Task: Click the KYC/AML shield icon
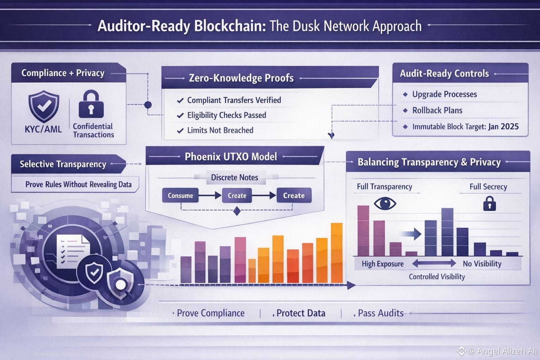pyautogui.click(x=44, y=106)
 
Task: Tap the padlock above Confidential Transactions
pyautogui.click(x=91, y=104)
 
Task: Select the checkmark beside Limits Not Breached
pyautogui.click(x=180, y=131)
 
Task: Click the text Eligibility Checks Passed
pyautogui.click(x=227, y=115)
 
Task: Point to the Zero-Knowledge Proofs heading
pyautogui.click(x=241, y=78)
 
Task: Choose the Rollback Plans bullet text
pyautogui.click(x=437, y=110)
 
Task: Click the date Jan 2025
pyautogui.click(x=503, y=127)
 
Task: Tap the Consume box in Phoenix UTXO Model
pyautogui.click(x=180, y=195)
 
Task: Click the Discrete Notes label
pyautogui.click(x=234, y=178)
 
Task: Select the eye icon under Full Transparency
pyautogui.click(x=385, y=203)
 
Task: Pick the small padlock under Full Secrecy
pyautogui.click(x=489, y=204)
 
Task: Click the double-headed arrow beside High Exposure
pyautogui.click(x=434, y=263)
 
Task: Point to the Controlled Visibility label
pyautogui.click(x=437, y=277)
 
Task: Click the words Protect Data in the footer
pyautogui.click(x=301, y=313)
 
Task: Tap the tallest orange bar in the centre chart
pyautogui.click(x=337, y=253)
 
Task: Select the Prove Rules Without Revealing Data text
pyautogui.click(x=78, y=185)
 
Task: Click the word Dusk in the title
pyautogui.click(x=306, y=26)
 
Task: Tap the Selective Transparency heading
pyautogui.click(x=63, y=164)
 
